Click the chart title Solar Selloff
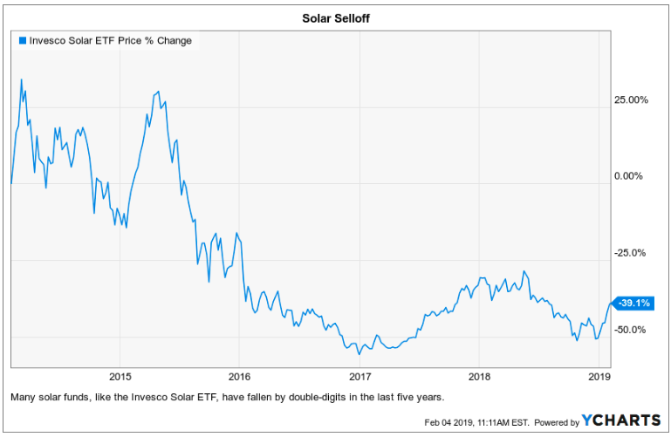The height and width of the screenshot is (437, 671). click(x=335, y=17)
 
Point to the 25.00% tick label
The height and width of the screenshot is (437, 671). click(x=632, y=99)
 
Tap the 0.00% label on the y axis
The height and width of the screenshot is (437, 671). click(x=628, y=176)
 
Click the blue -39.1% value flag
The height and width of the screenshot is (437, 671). click(x=634, y=304)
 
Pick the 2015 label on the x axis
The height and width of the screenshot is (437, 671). click(x=120, y=377)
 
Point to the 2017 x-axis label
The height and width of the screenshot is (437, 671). click(x=359, y=377)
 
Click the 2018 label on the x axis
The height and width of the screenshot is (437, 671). click(x=478, y=377)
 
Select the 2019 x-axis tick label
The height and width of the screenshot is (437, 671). click(x=598, y=377)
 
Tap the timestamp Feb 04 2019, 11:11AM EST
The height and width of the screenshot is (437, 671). click(x=477, y=421)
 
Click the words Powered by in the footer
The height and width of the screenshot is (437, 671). click(x=556, y=421)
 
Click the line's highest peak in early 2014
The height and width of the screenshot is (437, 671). click(x=21, y=79)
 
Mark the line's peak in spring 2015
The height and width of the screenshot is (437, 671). click(x=157, y=91)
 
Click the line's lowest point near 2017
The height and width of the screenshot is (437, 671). click(x=359, y=353)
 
